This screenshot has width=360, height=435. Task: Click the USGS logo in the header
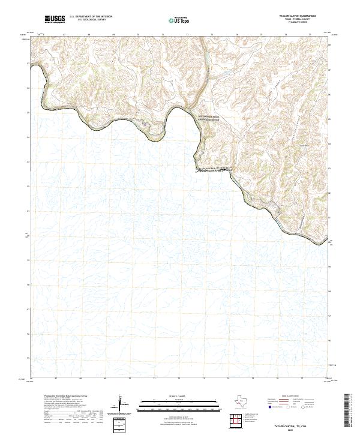pos(55,19)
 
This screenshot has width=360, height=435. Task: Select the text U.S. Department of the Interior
pos(91,17)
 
